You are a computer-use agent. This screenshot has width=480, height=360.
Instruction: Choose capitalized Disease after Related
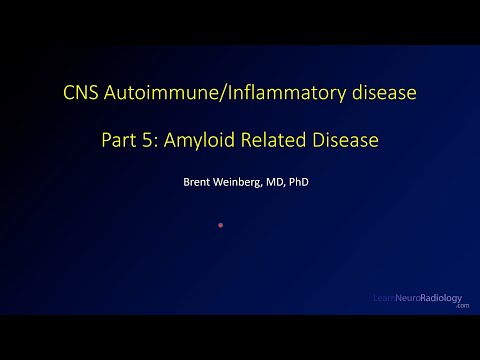click(345, 141)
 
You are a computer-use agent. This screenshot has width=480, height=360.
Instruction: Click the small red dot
click(220, 225)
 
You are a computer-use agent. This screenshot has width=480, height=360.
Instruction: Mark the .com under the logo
click(461, 306)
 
